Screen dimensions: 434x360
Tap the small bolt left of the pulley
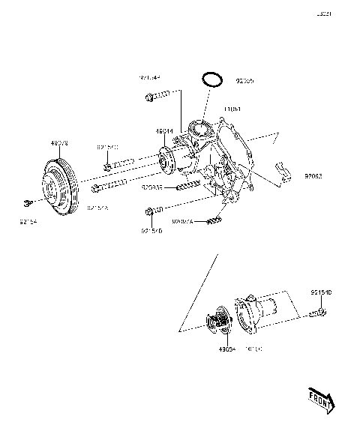pyautogui.click(x=26, y=202)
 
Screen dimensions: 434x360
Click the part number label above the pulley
pyautogui.click(x=58, y=142)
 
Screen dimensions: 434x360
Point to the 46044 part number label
pyautogui.click(x=164, y=131)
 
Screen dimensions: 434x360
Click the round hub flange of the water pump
pyautogui.click(x=170, y=160)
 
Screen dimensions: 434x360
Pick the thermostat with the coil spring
pyautogui.click(x=221, y=322)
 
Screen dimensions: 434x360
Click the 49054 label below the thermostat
pyautogui.click(x=227, y=349)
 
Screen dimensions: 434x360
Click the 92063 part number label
pyautogui.click(x=313, y=178)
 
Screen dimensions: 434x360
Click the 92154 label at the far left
pyautogui.click(x=27, y=222)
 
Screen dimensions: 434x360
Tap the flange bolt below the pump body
pyautogui.click(x=152, y=213)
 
